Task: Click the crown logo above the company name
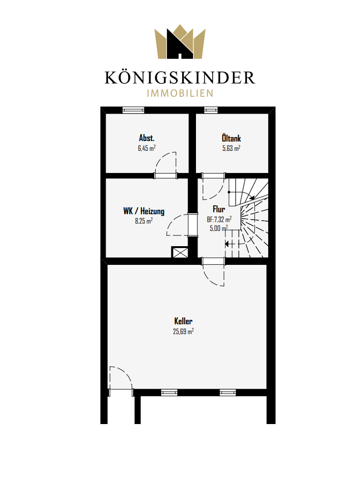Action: (x=180, y=42)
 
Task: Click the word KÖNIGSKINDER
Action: (x=180, y=78)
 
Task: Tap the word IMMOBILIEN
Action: (x=180, y=93)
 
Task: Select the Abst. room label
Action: (x=147, y=138)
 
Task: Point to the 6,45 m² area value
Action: (x=147, y=148)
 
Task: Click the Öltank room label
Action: (x=231, y=138)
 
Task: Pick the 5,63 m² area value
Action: (x=231, y=148)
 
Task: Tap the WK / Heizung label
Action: (x=144, y=211)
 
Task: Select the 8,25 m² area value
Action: (x=144, y=221)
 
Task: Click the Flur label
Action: (x=219, y=209)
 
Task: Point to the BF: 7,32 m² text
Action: (x=219, y=220)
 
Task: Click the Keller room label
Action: (x=183, y=321)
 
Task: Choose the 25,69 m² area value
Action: (x=183, y=332)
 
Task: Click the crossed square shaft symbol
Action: (x=180, y=253)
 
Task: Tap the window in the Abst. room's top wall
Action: (x=133, y=110)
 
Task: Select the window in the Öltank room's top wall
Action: (x=211, y=110)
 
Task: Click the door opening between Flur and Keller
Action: (x=214, y=261)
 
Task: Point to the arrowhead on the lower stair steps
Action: (x=227, y=244)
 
